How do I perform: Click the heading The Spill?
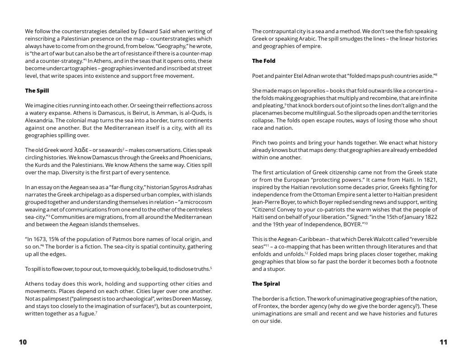tap(37, 90)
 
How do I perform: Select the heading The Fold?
tap(264, 61)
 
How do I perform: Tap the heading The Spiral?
tap(266, 284)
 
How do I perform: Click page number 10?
tap(23, 342)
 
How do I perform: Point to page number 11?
tap(443, 342)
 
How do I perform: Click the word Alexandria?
tap(41, 120)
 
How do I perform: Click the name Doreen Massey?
tap(194, 298)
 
